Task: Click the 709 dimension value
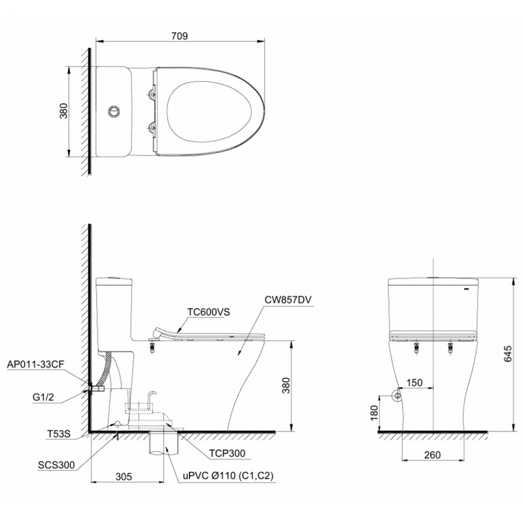tap(179, 36)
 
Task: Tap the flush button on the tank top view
tap(114, 111)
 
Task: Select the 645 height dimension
tap(507, 354)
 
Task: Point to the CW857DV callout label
tap(288, 299)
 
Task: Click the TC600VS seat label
tap(209, 312)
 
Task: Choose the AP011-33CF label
tap(35, 364)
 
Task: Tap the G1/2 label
tap(43, 397)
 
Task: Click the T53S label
tap(59, 433)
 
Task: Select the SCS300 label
tap(56, 465)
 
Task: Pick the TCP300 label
tap(227, 453)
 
